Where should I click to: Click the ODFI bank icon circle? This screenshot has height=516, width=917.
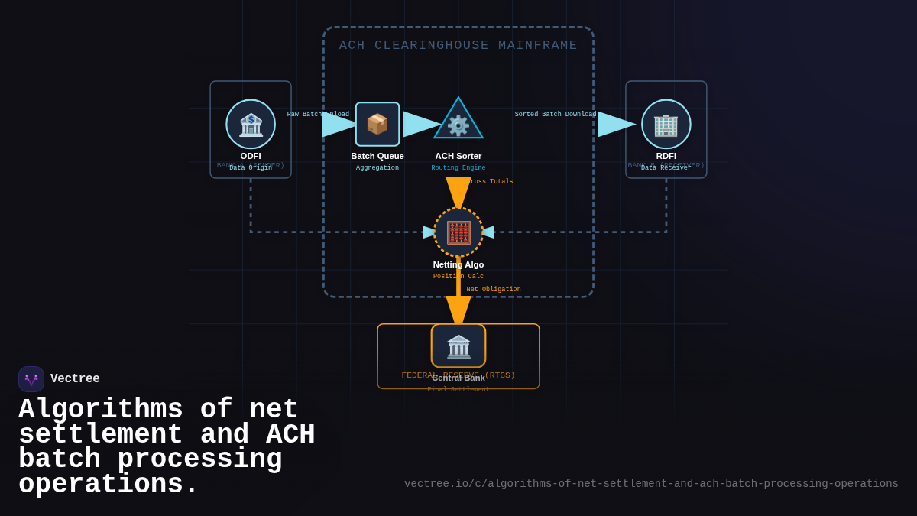(x=251, y=124)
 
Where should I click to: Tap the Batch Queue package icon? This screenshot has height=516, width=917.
(x=377, y=124)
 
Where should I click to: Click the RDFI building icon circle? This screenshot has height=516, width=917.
(x=666, y=124)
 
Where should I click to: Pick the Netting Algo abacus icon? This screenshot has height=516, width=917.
(x=458, y=232)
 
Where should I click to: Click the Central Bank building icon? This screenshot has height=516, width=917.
(x=458, y=346)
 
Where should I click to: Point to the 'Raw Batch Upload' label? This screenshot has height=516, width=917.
(x=318, y=115)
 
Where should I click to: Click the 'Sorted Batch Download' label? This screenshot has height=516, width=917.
(x=556, y=115)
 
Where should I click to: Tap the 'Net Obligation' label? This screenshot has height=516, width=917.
(x=494, y=290)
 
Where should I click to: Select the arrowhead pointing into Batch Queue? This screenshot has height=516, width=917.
(x=339, y=125)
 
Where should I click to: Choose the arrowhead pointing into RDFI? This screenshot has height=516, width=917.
(x=616, y=125)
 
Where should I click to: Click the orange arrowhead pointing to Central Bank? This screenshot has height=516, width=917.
(x=458, y=310)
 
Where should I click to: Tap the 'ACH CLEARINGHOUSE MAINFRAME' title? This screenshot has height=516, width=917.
(x=458, y=45)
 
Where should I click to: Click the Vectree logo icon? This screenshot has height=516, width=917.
(x=31, y=379)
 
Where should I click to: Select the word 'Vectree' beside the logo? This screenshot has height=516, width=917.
(x=75, y=379)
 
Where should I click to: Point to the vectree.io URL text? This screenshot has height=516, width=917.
(x=651, y=484)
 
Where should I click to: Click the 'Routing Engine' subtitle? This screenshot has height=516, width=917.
(x=458, y=168)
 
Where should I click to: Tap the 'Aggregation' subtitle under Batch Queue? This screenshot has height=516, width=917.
(x=377, y=168)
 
